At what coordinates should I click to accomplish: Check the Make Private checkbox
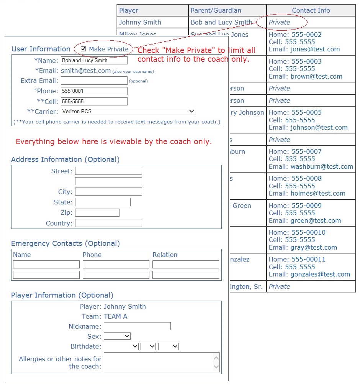click(x=83, y=49)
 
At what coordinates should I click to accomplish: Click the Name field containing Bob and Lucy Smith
click(x=94, y=61)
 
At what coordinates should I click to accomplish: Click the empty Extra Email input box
click(x=94, y=81)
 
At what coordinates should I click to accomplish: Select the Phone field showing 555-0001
click(x=94, y=91)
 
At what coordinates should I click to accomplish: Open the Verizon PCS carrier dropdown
click(x=128, y=112)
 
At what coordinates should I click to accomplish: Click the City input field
click(x=108, y=192)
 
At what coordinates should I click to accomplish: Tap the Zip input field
click(x=97, y=213)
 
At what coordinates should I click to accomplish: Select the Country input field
click(x=108, y=223)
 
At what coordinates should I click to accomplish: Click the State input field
click(x=103, y=202)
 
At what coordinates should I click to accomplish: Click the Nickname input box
click(x=137, y=326)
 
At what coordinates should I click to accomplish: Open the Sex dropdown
click(x=117, y=336)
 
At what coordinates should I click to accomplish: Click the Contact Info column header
click(x=311, y=11)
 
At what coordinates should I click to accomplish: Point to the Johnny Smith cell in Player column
click(x=140, y=22)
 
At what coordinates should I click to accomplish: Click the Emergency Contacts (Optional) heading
click(x=65, y=244)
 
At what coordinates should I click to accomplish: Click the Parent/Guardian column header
click(x=216, y=11)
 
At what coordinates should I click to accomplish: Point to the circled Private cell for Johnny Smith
click(x=280, y=22)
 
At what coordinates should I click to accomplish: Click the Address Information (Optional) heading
click(x=65, y=160)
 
